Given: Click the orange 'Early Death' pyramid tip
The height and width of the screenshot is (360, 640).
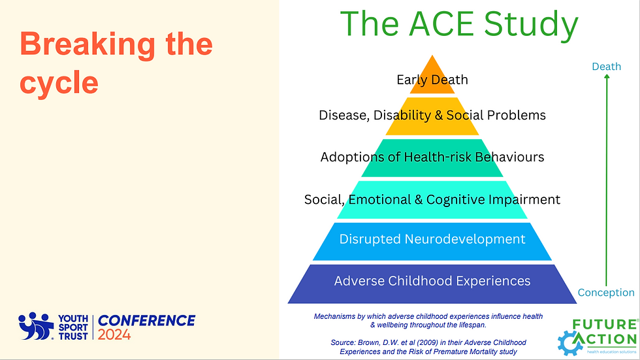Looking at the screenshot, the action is pyautogui.click(x=432, y=78).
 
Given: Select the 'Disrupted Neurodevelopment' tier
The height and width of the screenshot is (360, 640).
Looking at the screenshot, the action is pyautogui.click(x=432, y=241).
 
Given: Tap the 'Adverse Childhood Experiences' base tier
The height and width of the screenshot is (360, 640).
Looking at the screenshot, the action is pyautogui.click(x=432, y=284).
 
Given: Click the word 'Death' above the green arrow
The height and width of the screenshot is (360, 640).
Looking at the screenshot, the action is pyautogui.click(x=606, y=67).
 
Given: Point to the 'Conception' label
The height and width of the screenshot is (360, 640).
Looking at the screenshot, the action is pyautogui.click(x=606, y=292).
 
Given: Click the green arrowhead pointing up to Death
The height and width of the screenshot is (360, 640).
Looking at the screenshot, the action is pyautogui.click(x=607, y=78).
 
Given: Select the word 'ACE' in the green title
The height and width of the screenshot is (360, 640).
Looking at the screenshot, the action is pyautogui.click(x=441, y=24).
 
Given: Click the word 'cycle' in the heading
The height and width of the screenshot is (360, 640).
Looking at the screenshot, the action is pyautogui.click(x=59, y=84).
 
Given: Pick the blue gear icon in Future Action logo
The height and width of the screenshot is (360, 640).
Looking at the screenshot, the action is pyautogui.click(x=570, y=342).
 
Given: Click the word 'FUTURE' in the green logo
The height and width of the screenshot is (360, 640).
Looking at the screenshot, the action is pyautogui.click(x=604, y=325).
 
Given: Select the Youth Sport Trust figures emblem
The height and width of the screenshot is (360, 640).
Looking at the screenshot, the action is pyautogui.click(x=36, y=326).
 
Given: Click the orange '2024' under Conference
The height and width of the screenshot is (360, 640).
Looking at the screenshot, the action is pyautogui.click(x=114, y=335).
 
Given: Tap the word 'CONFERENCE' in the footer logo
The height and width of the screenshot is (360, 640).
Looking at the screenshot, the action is pyautogui.click(x=146, y=321).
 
